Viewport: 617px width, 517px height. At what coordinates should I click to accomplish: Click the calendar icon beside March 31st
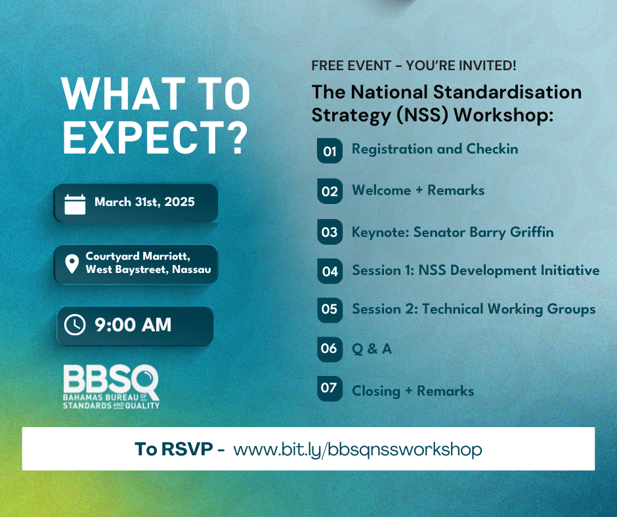[x=75, y=204]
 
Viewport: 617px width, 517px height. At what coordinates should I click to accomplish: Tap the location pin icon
[x=72, y=264]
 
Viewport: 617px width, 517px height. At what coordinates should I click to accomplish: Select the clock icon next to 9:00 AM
[x=75, y=325]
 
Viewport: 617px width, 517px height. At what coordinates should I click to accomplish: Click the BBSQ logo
[x=112, y=387]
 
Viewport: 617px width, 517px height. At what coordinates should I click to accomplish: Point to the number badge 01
[x=330, y=151]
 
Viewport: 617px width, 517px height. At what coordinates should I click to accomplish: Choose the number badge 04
[x=330, y=271]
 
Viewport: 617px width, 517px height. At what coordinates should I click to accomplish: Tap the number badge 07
[x=330, y=388]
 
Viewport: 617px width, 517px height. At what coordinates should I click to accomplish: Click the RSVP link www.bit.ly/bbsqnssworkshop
[x=358, y=449]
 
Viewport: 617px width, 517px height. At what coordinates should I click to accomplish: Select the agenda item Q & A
[x=372, y=348]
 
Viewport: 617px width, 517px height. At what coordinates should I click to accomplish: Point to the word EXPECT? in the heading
[x=156, y=137]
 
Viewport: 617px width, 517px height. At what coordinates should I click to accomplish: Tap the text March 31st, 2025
[x=144, y=202]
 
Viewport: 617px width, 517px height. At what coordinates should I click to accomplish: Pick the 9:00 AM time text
[x=133, y=325]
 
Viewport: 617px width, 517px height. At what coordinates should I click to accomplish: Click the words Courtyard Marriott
[x=138, y=256]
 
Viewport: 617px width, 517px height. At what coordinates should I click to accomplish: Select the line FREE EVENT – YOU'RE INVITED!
[x=414, y=66]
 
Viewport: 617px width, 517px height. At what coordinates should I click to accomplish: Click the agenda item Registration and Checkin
[x=435, y=149]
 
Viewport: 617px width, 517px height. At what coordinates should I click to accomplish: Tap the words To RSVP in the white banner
[x=174, y=449]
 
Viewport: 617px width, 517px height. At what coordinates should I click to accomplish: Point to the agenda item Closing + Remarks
[x=413, y=391]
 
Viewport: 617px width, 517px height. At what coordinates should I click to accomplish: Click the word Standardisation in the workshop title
[x=507, y=92]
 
